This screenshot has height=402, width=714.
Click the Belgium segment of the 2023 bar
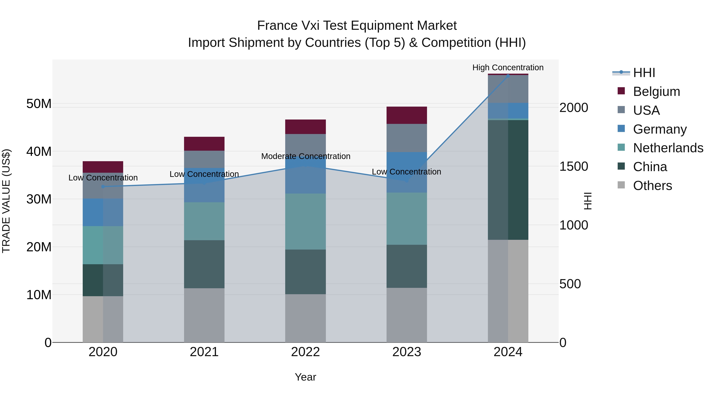407,115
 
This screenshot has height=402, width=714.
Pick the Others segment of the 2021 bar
204,315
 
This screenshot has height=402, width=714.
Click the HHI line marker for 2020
103,186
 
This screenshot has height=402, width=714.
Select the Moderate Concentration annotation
305,156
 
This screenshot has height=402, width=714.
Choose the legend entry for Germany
660,129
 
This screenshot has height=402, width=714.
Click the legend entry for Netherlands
668,148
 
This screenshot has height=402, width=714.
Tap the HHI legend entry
644,73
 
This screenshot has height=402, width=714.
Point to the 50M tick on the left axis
39,104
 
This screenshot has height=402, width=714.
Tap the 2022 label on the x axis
305,352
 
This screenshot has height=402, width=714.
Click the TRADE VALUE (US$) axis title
6,201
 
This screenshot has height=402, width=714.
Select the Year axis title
305,377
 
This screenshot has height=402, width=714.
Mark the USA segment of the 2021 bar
204,159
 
